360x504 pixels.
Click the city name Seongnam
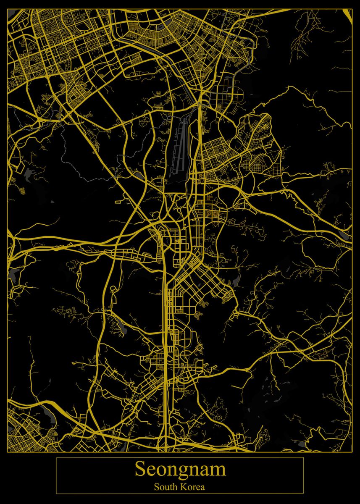pyautogui.click(x=180, y=469)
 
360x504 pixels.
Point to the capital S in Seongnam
pyautogui.click(x=139, y=469)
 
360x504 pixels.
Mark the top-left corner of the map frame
pyautogui.click(x=8, y=9)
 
